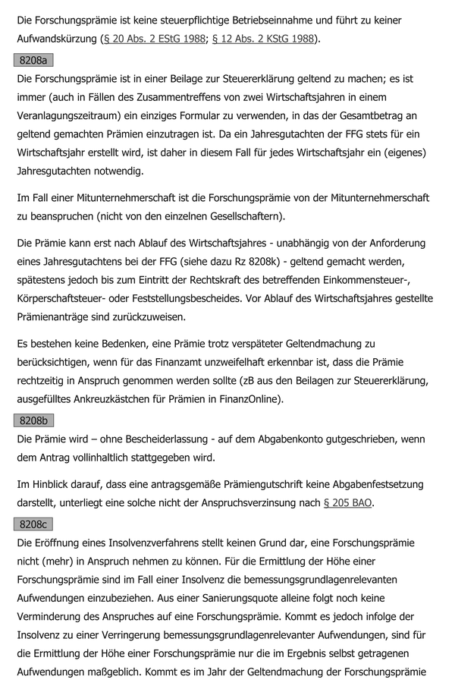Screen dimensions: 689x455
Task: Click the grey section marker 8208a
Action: tap(33, 59)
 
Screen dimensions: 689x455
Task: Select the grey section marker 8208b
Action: tap(33, 420)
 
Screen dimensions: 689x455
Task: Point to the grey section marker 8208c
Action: tap(33, 524)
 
